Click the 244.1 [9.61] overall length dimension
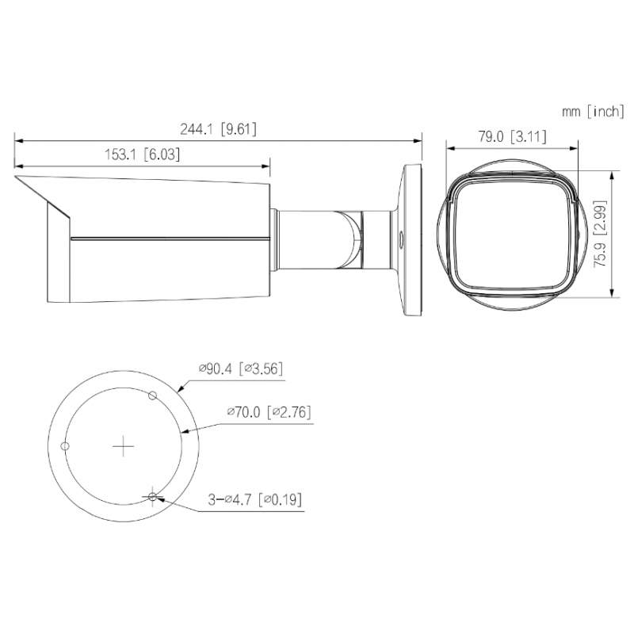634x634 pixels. [219, 129]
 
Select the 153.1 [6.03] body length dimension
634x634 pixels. [143, 154]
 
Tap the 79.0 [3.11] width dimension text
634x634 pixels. [512, 136]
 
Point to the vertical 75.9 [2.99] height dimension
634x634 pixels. [600, 234]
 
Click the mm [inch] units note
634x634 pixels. [593, 111]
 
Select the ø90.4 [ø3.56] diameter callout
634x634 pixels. [241, 369]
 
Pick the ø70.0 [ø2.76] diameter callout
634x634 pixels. [269, 412]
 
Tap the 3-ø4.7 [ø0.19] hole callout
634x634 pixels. [254, 499]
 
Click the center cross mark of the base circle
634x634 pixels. [124, 446]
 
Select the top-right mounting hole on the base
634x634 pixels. [152, 395]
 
